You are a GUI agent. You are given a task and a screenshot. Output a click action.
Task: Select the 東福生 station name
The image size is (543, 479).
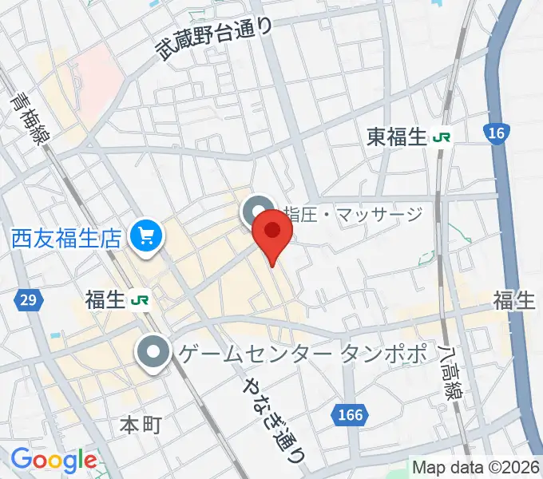click(398, 137)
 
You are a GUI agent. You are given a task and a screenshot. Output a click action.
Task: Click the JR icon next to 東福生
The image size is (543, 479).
click(442, 137)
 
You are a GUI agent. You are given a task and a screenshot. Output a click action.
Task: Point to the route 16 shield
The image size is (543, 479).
click(496, 134)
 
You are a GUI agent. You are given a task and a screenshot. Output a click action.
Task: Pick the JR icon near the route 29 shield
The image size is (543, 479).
click(141, 299)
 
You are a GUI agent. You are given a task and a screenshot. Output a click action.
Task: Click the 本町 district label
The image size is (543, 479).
click(141, 424)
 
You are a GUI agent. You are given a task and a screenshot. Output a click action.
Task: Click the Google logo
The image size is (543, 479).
click(53, 459)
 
